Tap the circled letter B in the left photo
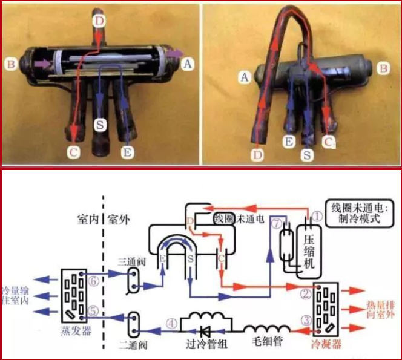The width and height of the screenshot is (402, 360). pos(8,62)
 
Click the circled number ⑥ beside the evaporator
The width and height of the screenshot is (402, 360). pos(93,281)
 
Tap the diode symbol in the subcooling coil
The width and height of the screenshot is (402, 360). pos(204,330)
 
